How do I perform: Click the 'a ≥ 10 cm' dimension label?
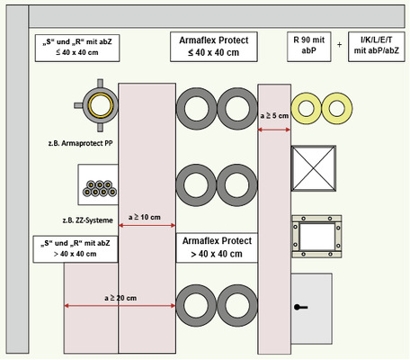145,217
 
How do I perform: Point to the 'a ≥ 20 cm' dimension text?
120,298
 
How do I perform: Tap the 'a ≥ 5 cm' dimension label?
274,115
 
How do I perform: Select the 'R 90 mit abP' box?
309,47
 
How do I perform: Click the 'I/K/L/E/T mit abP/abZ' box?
377,47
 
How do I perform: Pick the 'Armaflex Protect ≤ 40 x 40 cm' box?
214,47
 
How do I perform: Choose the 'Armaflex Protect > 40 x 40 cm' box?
217,247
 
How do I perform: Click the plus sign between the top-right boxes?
339,45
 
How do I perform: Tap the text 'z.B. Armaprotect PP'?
80,143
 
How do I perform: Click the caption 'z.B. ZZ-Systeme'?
87,220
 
